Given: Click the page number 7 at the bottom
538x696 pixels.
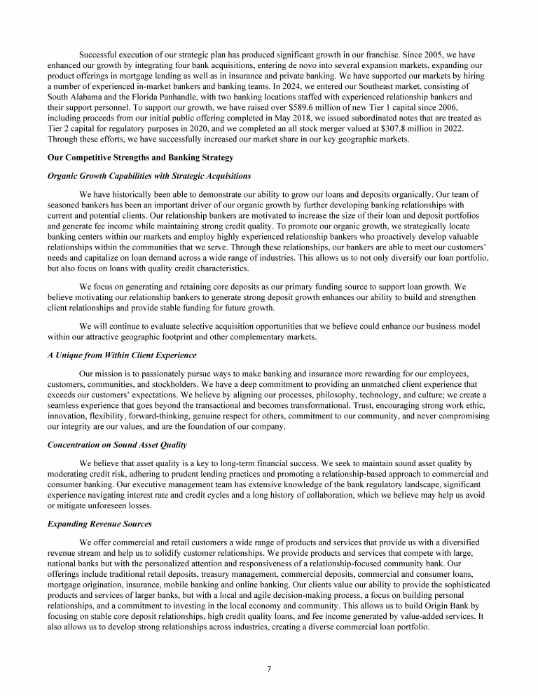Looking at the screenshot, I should pyautogui.click(x=269, y=668).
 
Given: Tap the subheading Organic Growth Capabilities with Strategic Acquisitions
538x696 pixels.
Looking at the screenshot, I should pyautogui.click(x=149, y=175).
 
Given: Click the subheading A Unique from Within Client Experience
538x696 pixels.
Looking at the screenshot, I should pyautogui.click(x=122, y=355).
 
